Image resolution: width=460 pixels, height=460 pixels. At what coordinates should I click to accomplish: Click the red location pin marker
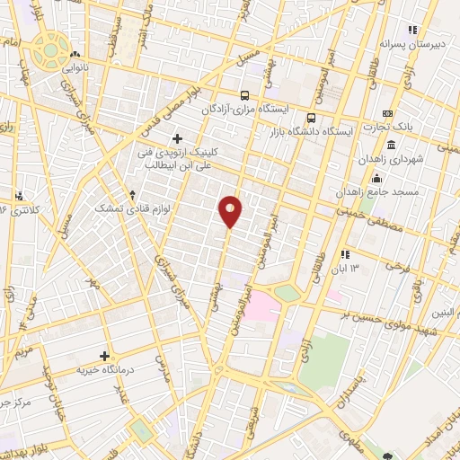pos(231,210)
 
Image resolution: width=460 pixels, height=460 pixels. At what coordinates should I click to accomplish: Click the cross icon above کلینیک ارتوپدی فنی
pos(177,137)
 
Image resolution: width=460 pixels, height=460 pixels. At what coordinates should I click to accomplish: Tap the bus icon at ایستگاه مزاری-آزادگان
pos(244,94)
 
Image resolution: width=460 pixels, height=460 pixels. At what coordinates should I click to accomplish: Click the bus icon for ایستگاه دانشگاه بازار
pos(311,118)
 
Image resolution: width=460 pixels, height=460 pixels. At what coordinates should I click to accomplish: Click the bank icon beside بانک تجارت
pos(387,113)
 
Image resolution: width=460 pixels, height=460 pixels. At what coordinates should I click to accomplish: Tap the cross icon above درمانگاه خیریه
pos(105,356)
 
